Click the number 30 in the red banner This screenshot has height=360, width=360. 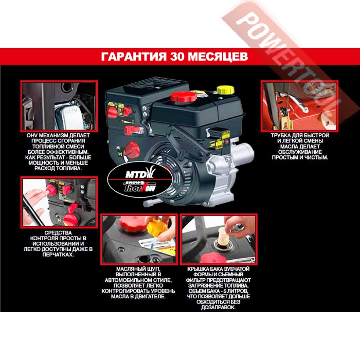tap(177, 57)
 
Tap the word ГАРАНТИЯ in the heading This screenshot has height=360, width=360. tap(134, 57)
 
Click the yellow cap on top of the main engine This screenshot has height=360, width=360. tap(225, 90)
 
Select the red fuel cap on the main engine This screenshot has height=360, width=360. tap(184, 97)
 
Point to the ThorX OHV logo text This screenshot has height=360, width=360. tap(139, 187)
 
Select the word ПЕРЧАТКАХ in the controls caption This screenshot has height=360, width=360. tap(58, 255)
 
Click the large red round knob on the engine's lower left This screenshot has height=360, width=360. tap(131, 150)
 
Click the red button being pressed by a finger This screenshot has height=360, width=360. tap(51, 190)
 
